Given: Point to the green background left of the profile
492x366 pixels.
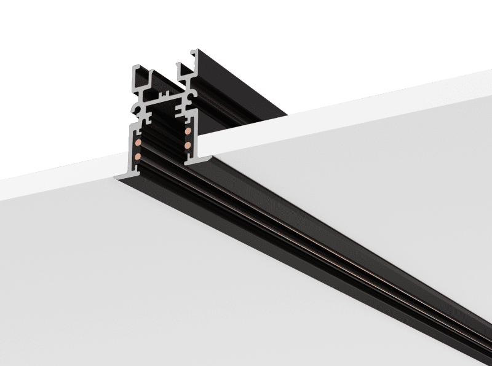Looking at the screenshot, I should (x=61, y=92).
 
